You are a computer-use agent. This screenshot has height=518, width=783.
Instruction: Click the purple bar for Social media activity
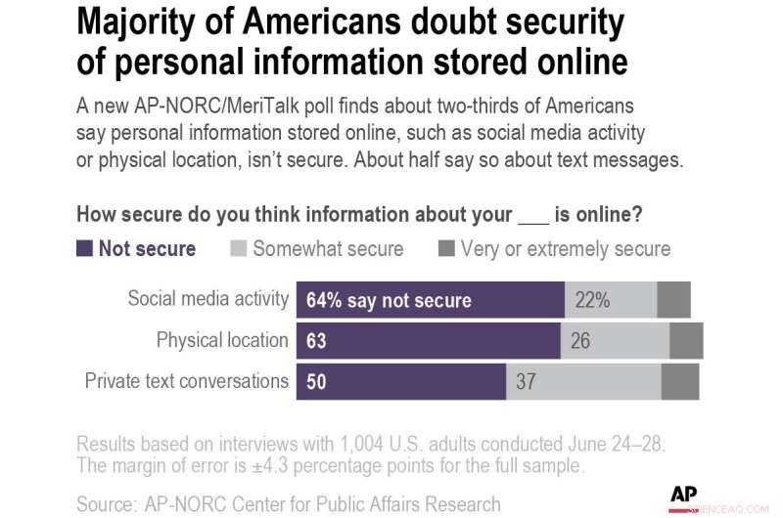tap(430, 300)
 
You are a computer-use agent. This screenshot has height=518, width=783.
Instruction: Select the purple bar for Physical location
tap(428, 340)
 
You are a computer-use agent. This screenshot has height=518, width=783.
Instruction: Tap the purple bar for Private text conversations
tap(400, 380)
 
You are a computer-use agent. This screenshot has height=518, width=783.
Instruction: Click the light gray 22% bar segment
tap(610, 300)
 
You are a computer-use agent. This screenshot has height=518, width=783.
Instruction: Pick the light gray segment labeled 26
tap(615, 340)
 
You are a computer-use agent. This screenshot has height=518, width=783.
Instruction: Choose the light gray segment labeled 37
tap(583, 380)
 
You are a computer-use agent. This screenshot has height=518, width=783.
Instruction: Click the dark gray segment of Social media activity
tap(673, 300)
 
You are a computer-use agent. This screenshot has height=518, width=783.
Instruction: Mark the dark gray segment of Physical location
tap(686, 340)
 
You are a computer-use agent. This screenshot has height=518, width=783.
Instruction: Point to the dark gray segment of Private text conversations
tap(680, 380)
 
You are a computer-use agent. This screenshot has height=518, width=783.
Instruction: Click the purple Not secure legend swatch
tap(84, 248)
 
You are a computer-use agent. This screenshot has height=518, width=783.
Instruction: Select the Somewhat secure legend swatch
tap(238, 248)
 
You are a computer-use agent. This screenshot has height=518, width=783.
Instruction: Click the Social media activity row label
tap(207, 299)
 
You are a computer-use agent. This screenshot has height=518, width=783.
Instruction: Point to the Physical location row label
tap(222, 340)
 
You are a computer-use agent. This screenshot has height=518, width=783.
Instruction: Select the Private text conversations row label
tap(187, 380)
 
